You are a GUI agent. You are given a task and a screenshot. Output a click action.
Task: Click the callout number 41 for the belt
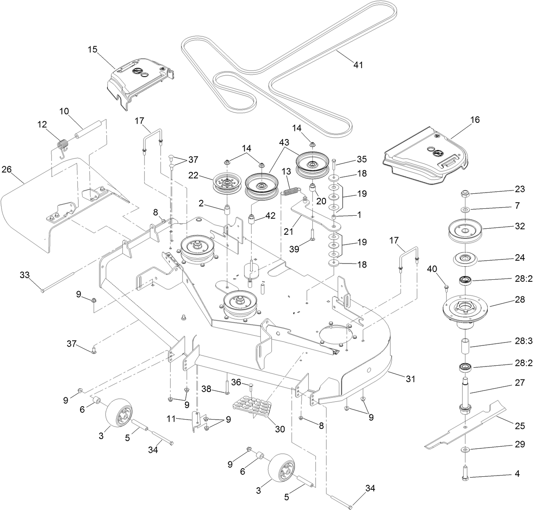click(358, 64)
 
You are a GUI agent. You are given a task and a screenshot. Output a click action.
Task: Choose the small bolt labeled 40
click(447, 287)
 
